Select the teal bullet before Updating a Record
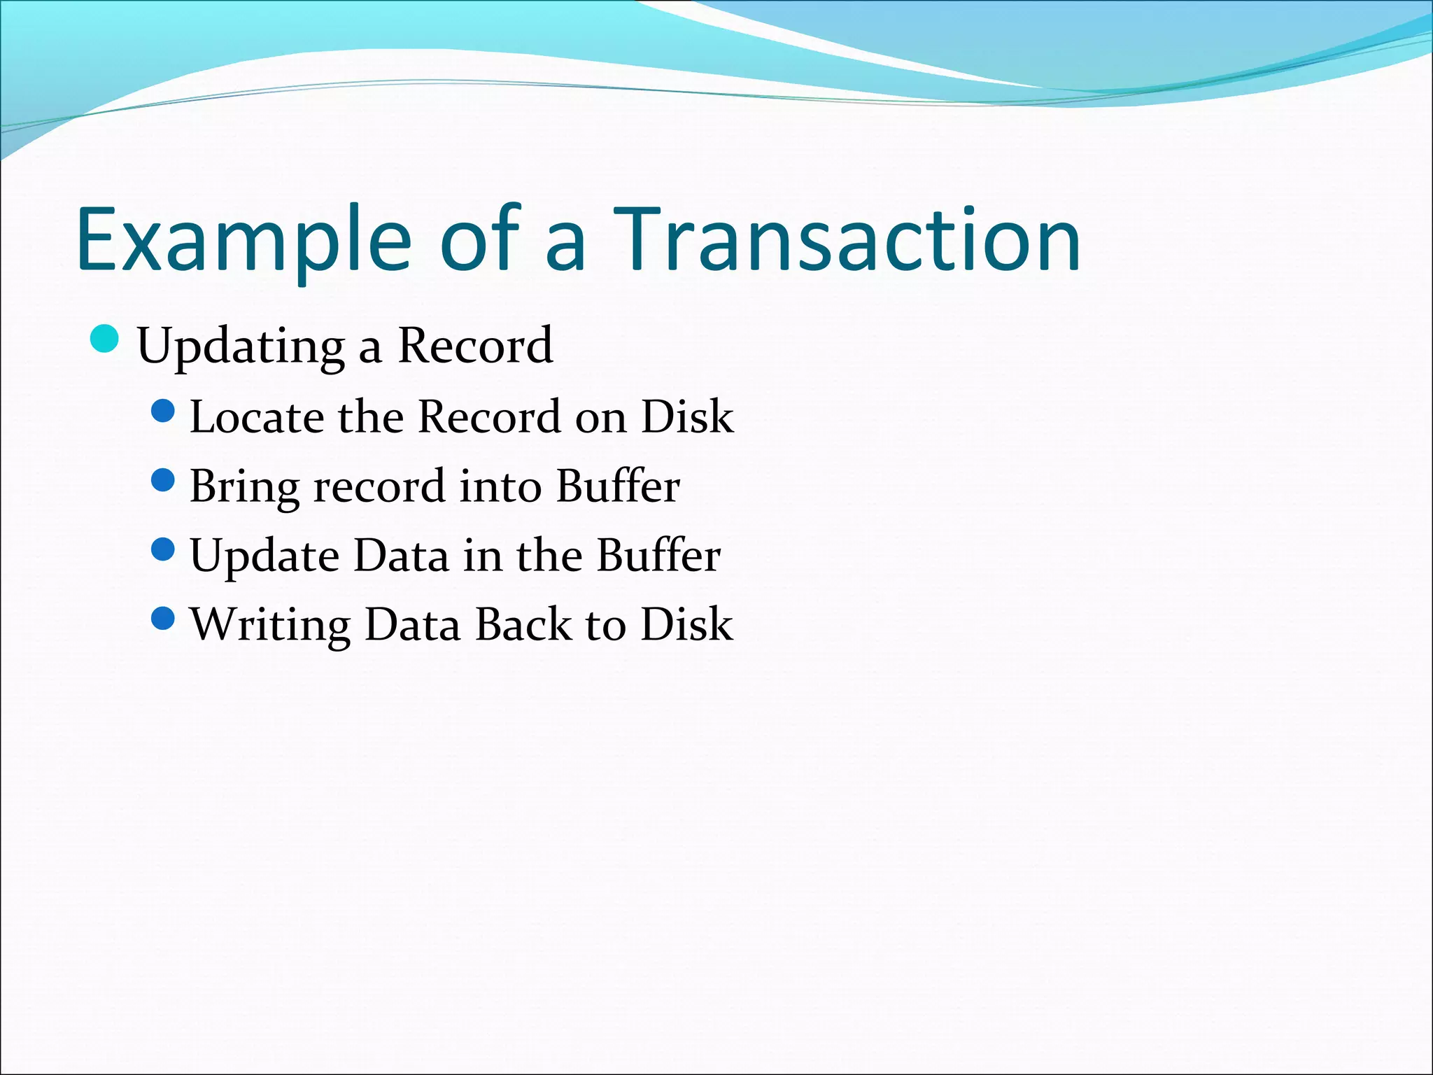coord(105,339)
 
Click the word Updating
coord(241,346)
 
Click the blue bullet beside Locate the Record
coord(162,411)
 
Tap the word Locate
coord(257,417)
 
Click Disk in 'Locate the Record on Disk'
coord(687,417)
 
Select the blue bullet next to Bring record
coord(162,480)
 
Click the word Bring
coord(244,487)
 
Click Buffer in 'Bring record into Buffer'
coord(618,486)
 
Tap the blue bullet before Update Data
coord(162,549)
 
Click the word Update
coord(264,556)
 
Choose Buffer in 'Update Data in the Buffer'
coord(658,556)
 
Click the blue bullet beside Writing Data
coord(162,618)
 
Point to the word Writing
coord(270,625)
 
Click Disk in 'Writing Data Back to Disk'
coord(686,624)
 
